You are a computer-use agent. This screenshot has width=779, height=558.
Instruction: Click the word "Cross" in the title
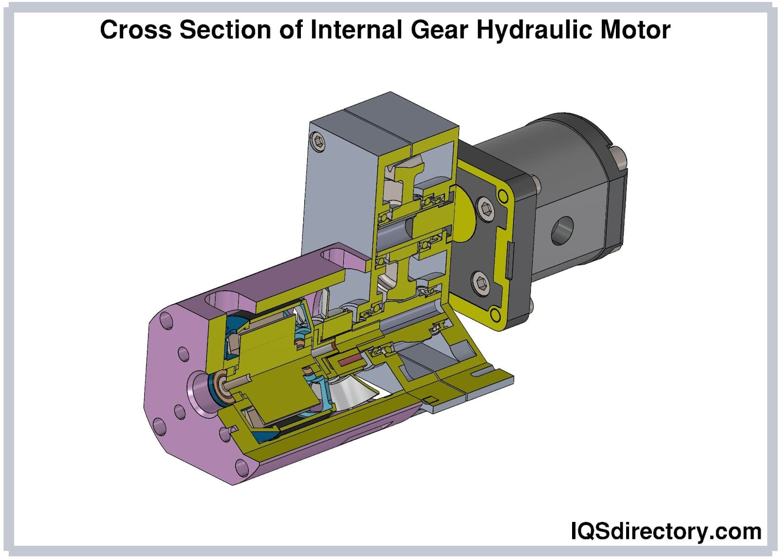(136, 30)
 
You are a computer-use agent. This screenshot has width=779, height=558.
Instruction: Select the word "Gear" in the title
(440, 30)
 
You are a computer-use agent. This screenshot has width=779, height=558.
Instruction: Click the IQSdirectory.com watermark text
(667, 531)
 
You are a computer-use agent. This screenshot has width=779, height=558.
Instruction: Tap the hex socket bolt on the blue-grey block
(318, 142)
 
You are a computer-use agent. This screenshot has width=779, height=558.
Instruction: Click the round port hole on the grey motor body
(562, 230)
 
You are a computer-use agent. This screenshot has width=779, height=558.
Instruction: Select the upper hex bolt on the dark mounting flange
(485, 209)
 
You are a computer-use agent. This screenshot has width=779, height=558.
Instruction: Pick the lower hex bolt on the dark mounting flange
(482, 283)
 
